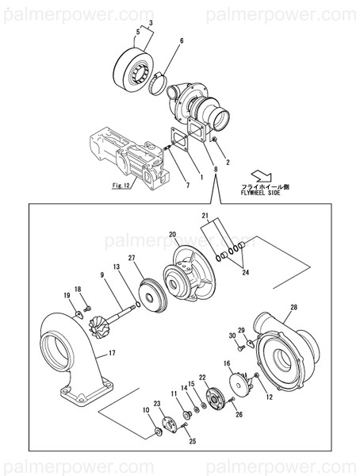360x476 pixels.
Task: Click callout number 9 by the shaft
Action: pos(101,274)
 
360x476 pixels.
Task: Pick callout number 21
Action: pos(205,216)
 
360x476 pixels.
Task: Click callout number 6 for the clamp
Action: pos(181,40)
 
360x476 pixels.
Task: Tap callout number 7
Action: pos(187,186)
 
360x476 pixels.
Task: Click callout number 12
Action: pos(268,397)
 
